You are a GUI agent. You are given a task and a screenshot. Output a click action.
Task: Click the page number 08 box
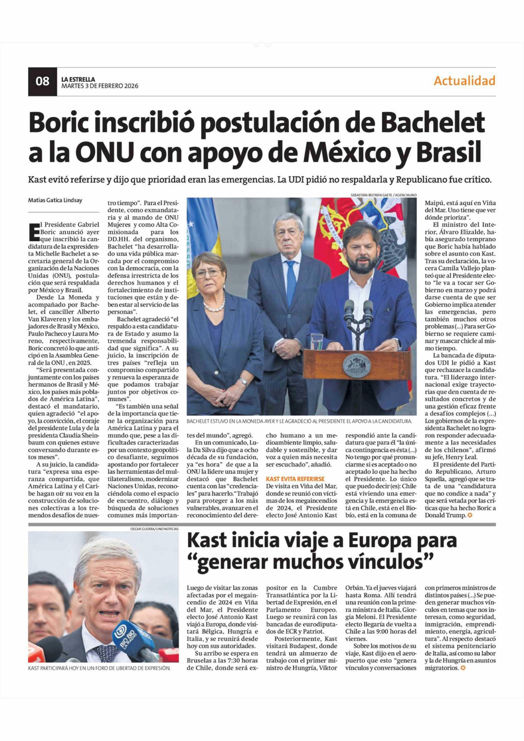point(42,81)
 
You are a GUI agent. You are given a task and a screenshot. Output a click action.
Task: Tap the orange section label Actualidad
point(464,81)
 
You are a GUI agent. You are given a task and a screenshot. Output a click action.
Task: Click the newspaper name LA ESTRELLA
point(78,79)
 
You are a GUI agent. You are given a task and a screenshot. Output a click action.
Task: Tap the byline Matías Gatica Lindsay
point(55,200)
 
